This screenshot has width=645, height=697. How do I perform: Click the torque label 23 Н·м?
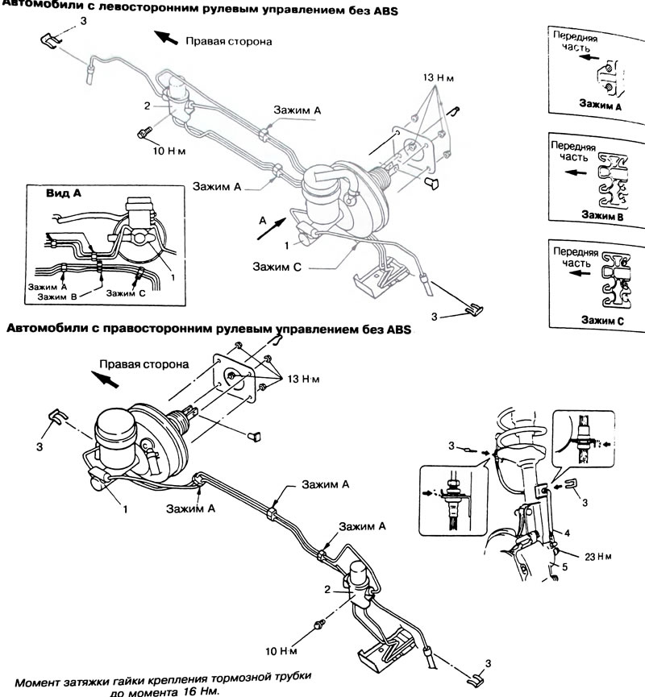coord(598,557)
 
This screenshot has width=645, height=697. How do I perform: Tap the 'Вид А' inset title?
coord(64,193)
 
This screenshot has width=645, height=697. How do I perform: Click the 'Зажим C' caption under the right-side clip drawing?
coord(602,321)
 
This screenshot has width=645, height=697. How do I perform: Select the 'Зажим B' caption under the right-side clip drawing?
coord(602,216)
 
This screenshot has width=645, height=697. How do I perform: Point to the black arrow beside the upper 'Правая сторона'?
coord(166,37)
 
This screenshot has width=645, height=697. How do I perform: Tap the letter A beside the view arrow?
coord(263,221)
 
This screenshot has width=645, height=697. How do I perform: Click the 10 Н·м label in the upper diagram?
coord(169,151)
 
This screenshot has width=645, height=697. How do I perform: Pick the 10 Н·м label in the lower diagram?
coord(281,651)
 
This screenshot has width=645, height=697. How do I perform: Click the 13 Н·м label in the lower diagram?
coord(303,380)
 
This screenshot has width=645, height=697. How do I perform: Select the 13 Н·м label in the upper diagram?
coord(438,78)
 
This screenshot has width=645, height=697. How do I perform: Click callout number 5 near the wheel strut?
coord(565,567)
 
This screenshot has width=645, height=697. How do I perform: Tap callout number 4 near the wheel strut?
coord(567,533)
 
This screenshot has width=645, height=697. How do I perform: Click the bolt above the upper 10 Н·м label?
coord(144,132)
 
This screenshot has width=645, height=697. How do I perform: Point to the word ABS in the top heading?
coord(385,10)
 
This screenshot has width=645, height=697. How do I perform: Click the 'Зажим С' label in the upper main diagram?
coord(277,267)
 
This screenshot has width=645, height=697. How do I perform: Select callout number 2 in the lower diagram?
coord(327,590)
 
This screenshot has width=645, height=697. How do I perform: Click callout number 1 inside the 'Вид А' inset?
coord(173,277)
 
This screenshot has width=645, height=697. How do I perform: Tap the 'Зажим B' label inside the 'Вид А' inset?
coord(57,297)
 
